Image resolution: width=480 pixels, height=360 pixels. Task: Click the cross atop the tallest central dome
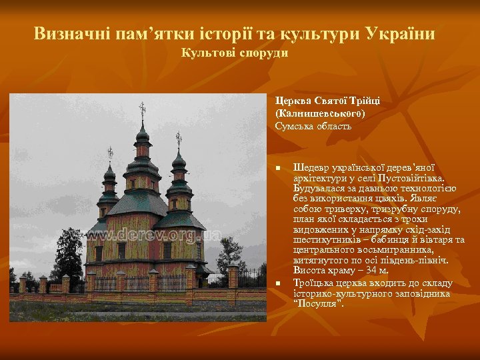(141, 111)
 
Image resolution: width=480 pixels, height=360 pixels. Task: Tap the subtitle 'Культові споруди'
(235, 53)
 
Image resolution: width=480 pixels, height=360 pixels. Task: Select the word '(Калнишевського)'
(311, 113)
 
